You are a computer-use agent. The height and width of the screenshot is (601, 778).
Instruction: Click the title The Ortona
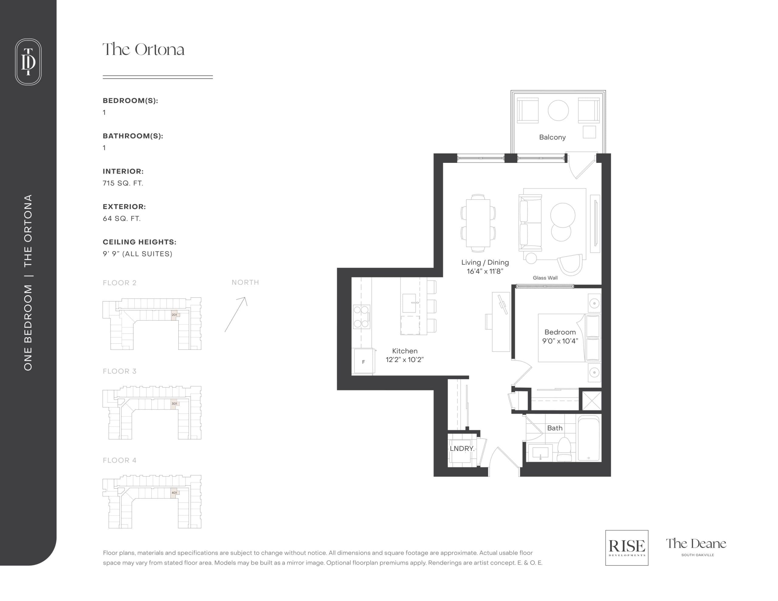click(x=143, y=50)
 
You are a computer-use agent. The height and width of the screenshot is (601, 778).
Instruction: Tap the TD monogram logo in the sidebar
click(x=28, y=62)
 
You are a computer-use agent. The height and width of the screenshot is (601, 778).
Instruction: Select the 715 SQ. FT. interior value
click(x=123, y=183)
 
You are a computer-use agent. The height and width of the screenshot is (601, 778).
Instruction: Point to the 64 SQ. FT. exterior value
click(x=122, y=218)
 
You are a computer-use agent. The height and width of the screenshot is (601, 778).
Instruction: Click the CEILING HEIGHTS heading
click(x=139, y=242)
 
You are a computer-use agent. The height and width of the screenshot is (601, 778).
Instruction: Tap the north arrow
click(x=236, y=314)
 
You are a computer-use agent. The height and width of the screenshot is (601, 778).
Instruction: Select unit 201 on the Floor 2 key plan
click(x=174, y=314)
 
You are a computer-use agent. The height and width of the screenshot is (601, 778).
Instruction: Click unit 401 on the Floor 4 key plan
click(x=174, y=493)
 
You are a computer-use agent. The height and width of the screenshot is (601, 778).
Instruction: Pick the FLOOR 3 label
click(x=119, y=371)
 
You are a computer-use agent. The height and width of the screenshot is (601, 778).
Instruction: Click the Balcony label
click(x=552, y=137)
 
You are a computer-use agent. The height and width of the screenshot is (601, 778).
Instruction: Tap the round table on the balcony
click(x=558, y=110)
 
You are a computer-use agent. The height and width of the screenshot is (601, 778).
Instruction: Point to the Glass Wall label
click(x=545, y=278)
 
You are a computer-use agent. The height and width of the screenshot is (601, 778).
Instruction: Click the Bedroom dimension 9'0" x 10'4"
click(x=560, y=341)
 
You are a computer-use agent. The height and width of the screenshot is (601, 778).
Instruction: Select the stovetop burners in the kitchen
click(x=361, y=317)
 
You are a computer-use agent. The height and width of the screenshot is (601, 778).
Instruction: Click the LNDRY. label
click(x=462, y=448)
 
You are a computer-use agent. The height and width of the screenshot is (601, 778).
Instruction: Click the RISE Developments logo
click(x=627, y=548)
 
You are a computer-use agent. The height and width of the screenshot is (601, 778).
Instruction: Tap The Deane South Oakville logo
click(x=696, y=546)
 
